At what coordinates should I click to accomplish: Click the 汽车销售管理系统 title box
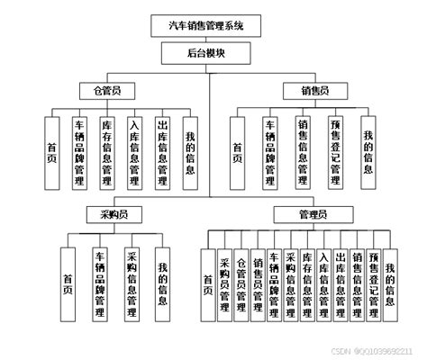tap(213, 23)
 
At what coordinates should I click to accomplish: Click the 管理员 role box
tap(313, 215)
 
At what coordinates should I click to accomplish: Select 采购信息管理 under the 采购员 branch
tap(132, 283)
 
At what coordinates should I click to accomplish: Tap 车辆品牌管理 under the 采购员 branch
tap(99, 283)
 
